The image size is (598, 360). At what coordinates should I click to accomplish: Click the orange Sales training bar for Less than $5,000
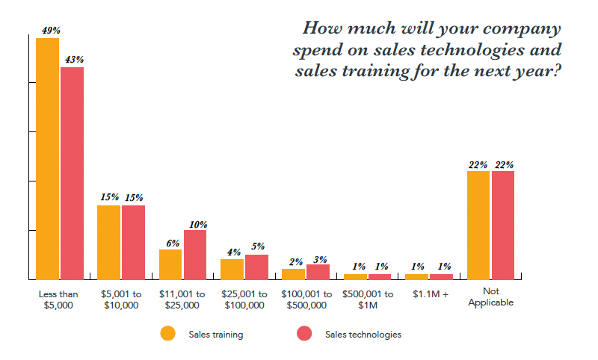point(47,158)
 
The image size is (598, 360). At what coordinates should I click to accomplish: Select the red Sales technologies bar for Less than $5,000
point(72,173)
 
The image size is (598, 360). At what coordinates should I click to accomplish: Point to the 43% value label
point(74,60)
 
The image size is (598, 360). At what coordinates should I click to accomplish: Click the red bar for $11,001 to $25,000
point(194,255)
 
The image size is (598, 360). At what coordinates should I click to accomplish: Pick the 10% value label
point(198,223)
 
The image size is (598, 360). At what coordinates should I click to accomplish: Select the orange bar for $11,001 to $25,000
point(170,264)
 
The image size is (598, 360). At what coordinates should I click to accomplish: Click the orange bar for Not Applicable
point(478,225)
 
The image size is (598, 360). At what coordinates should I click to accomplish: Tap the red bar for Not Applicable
point(503,225)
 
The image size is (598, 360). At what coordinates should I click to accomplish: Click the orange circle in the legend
point(168,334)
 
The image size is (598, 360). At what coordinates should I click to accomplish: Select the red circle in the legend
point(305,334)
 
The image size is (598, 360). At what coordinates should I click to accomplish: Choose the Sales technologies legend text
point(363,335)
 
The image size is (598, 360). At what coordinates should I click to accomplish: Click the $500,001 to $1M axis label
point(368,300)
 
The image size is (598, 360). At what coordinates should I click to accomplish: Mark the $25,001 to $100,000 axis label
point(244,300)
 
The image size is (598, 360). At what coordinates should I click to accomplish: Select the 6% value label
point(173,243)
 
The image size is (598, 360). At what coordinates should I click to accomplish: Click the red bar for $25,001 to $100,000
point(256,267)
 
